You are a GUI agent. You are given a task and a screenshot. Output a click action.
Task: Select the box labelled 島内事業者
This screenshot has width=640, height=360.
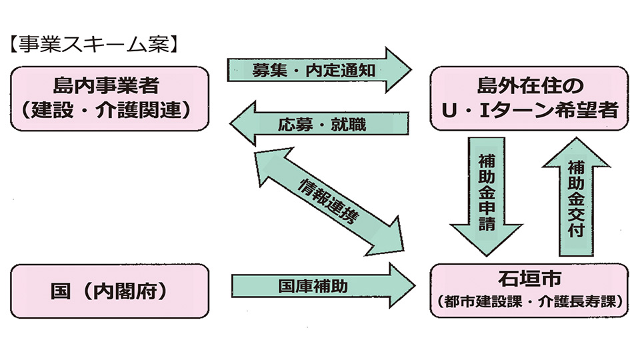pyautogui.click(x=110, y=98)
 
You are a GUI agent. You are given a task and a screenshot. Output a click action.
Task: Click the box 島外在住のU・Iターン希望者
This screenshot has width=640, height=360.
pyautogui.click(x=530, y=98)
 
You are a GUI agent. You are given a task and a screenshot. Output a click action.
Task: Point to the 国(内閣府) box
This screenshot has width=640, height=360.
pyautogui.click(x=110, y=291)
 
